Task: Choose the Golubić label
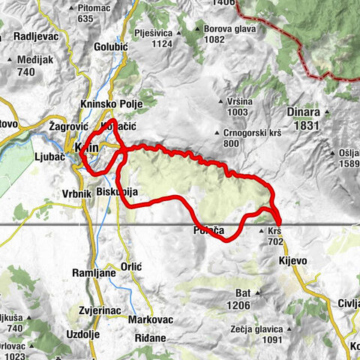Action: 112,46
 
